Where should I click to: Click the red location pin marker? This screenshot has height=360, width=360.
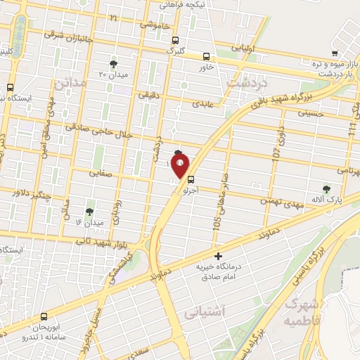pos(180,166)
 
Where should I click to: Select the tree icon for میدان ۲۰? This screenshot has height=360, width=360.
pos(113,63)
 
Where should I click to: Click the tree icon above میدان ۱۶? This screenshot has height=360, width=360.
pos(89,211)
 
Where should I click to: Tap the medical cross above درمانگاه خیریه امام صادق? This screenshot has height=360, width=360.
pos(218,256)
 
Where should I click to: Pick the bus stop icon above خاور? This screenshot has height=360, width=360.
pos(206,57)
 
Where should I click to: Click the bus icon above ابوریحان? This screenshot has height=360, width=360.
pos(44,316)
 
